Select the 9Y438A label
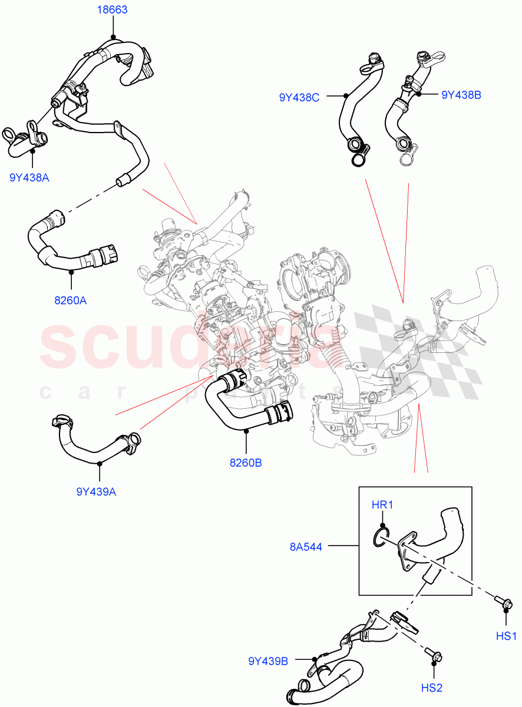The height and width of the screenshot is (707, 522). [x=29, y=176]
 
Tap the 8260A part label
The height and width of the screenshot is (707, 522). [x=71, y=300]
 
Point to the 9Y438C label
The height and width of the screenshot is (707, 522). [x=299, y=97]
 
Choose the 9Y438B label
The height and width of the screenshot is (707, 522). [x=461, y=94]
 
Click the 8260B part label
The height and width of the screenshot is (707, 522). [x=246, y=462]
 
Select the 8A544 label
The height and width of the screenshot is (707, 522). [x=305, y=547]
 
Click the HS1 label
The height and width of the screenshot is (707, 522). [x=506, y=636]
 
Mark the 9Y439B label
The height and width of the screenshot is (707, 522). [x=268, y=661]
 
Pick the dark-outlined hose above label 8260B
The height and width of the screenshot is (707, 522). [x=242, y=401]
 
